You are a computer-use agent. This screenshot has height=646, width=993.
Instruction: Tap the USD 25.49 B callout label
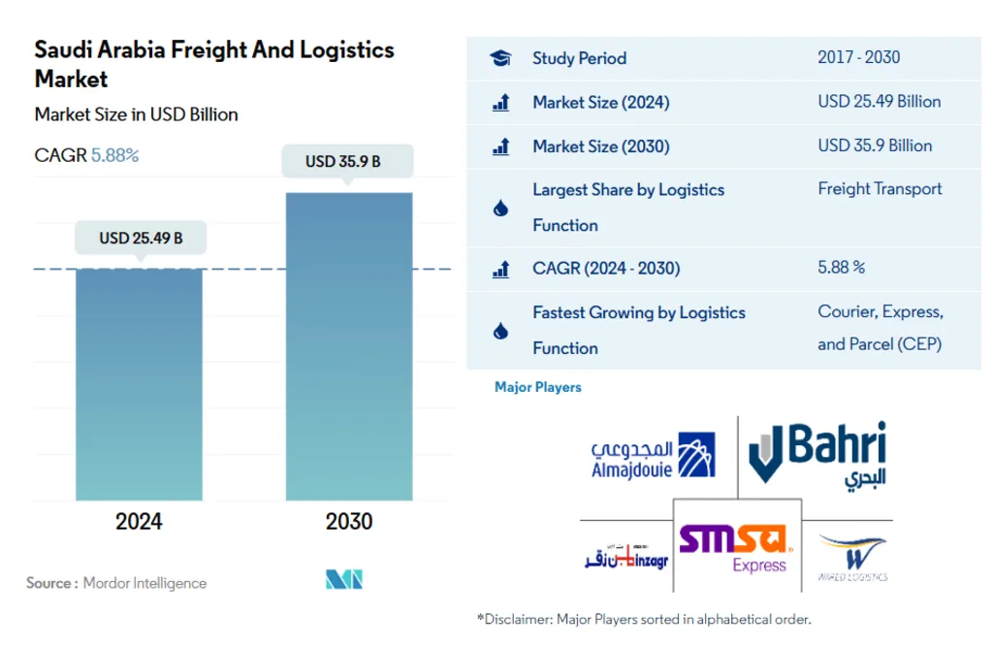click(141, 238)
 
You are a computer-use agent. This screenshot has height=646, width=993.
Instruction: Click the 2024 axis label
click(140, 522)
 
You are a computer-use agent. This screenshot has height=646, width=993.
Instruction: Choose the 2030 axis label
click(349, 522)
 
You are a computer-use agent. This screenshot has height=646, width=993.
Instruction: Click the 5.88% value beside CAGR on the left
click(115, 155)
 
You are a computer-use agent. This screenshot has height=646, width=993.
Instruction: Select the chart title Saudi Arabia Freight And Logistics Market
click(214, 64)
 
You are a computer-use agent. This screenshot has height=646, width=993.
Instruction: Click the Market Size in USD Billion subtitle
click(136, 114)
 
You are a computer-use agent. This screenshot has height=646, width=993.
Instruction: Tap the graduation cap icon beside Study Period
click(500, 58)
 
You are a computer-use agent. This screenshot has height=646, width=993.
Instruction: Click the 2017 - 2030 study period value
click(858, 57)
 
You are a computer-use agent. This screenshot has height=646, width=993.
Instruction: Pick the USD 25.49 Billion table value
click(879, 102)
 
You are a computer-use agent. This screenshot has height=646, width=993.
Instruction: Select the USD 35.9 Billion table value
click(875, 145)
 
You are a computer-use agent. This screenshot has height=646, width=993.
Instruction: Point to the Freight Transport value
click(880, 189)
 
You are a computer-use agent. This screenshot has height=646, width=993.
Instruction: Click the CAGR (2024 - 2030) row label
click(606, 269)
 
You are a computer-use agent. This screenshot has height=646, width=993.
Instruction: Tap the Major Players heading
click(538, 387)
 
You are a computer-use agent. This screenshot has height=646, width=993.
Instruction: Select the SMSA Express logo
click(736, 547)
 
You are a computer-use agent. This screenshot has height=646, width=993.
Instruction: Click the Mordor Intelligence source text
click(144, 583)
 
